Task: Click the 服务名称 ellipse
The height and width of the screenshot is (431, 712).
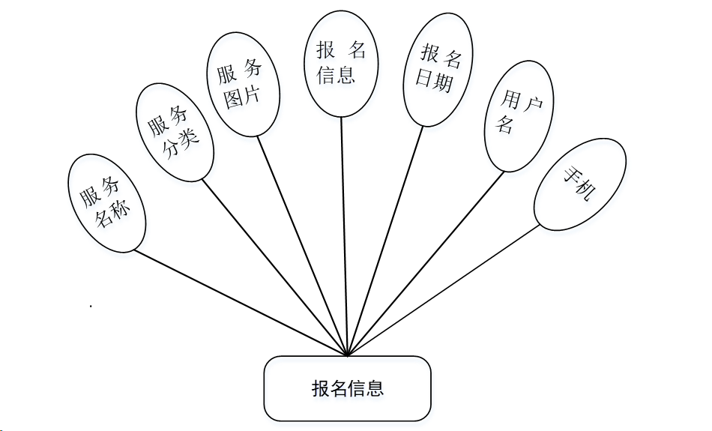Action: [106, 202]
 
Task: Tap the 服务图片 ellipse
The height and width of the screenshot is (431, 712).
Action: [242, 85]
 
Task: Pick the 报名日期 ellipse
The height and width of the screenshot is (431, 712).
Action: [438, 68]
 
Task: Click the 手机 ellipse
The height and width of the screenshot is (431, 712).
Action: [579, 184]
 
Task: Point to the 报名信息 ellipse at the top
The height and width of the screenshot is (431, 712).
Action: [341, 63]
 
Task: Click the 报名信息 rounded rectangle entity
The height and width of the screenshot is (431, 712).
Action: [347, 388]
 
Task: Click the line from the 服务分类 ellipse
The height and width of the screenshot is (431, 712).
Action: [274, 265]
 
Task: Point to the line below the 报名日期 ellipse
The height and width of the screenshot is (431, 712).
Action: [385, 239]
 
